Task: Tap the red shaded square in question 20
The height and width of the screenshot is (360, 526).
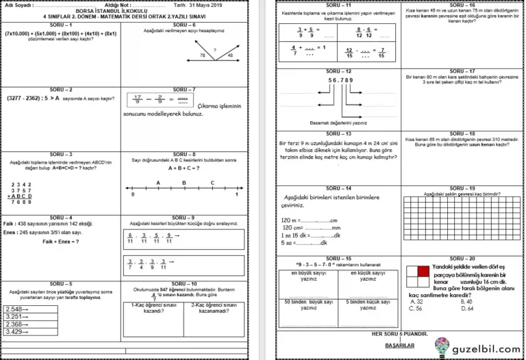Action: (x=412, y=271)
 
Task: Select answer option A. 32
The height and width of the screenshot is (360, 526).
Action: (x=416, y=301)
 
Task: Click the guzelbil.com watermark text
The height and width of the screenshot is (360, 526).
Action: (x=487, y=348)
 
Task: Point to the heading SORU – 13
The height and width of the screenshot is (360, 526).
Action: (x=338, y=133)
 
